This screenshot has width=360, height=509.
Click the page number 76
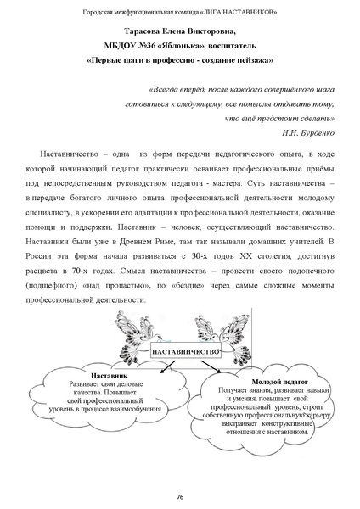(180, 495)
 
